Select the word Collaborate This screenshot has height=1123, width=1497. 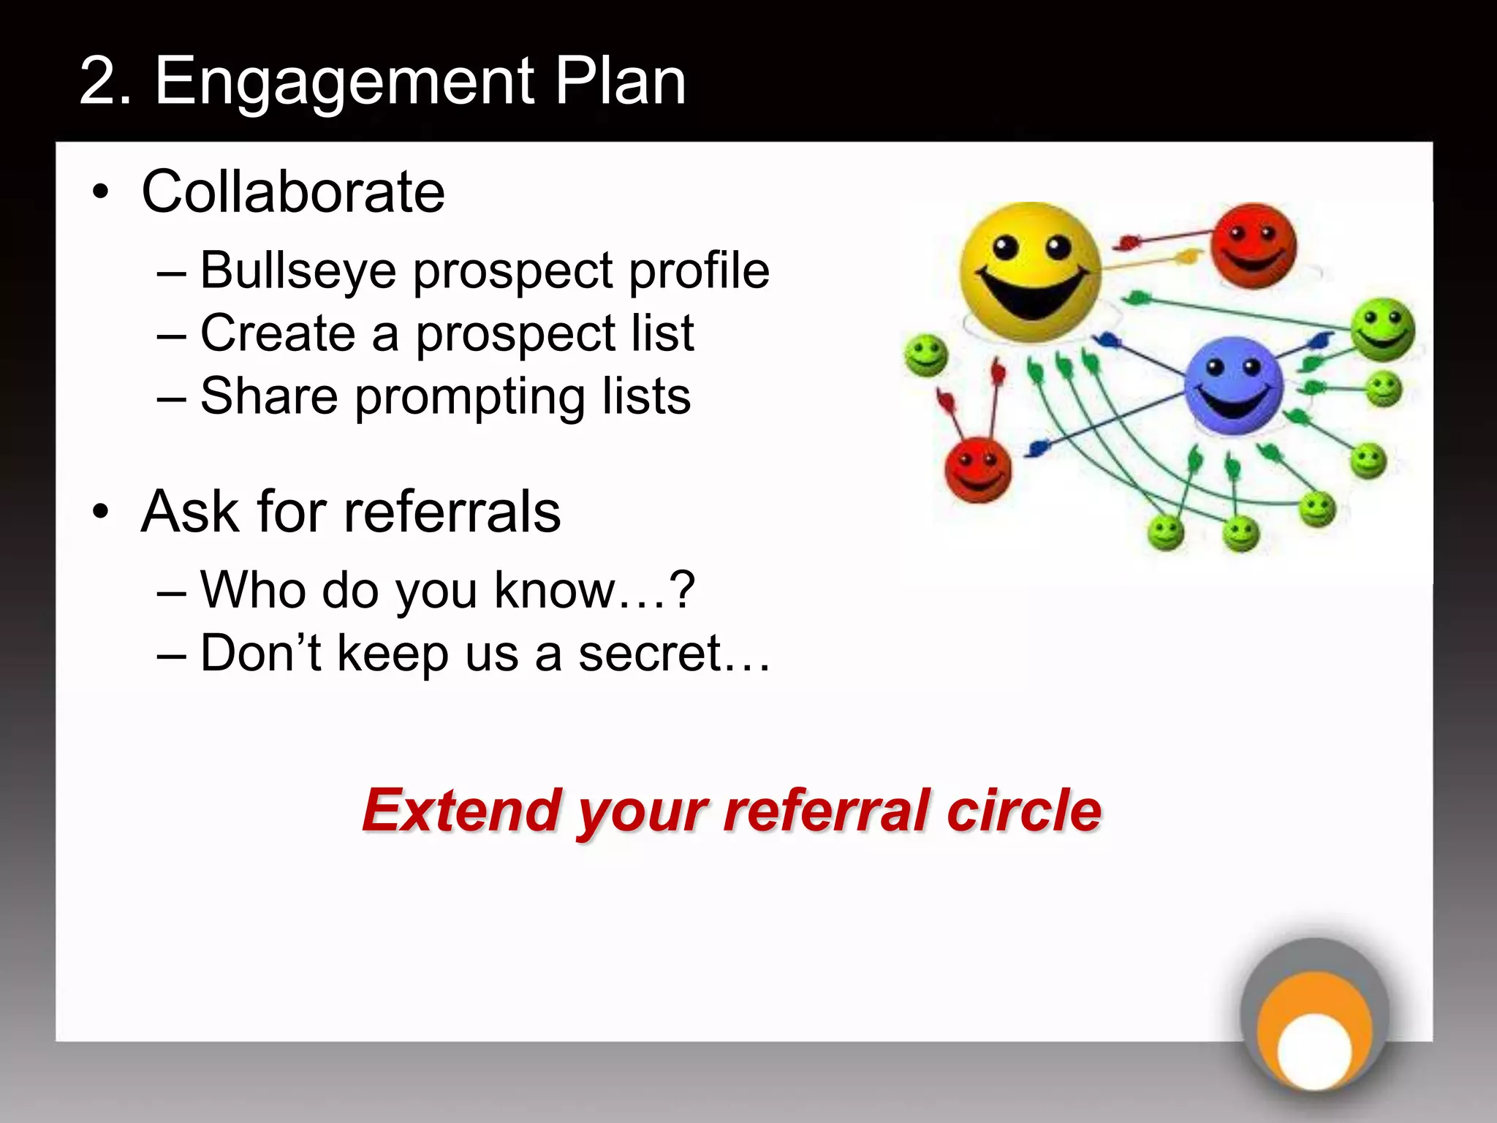(293, 192)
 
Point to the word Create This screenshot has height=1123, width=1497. (278, 333)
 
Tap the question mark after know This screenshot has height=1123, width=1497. (682, 589)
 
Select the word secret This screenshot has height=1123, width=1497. (651, 653)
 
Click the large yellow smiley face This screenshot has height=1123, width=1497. (1030, 272)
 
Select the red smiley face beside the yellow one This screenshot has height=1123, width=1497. (1253, 246)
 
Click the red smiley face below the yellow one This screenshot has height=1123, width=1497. (978, 470)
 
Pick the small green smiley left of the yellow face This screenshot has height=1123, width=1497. (926, 355)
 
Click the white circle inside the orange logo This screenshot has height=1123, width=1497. (1314, 1051)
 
